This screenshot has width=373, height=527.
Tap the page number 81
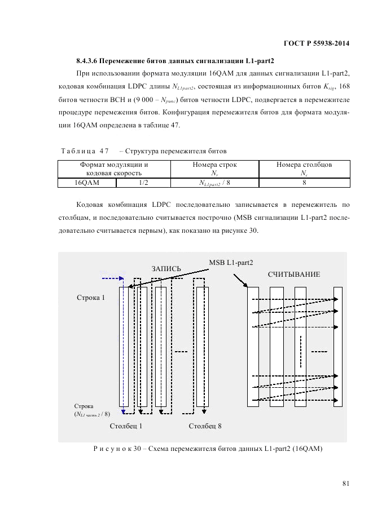click(x=346, y=482)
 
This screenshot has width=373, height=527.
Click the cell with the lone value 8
click(x=304, y=183)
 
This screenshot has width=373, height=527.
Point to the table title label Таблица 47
click(x=85, y=151)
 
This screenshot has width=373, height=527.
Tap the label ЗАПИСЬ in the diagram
click(x=166, y=269)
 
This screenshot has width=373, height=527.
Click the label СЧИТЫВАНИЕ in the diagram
click(x=293, y=274)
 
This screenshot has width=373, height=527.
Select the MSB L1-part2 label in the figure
click(x=231, y=262)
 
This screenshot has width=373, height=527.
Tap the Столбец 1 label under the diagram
click(x=126, y=426)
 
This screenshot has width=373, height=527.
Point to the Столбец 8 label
click(x=205, y=426)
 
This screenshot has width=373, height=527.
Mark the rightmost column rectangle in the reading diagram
click(x=338, y=346)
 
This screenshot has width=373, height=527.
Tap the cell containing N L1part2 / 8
click(x=214, y=183)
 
